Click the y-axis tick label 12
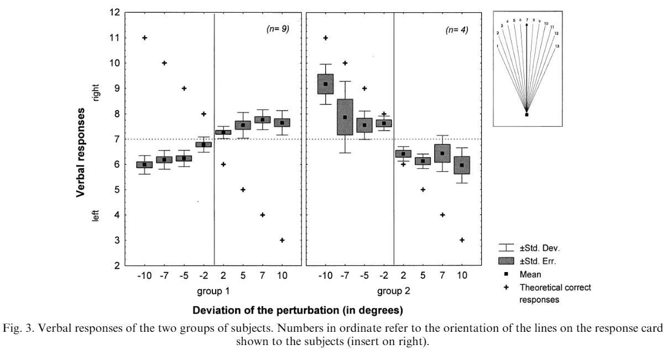tap(115, 12)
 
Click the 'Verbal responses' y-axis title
tap(81, 152)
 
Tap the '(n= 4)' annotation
tap(457, 29)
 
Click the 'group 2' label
tap(393, 290)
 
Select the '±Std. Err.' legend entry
tap(537, 261)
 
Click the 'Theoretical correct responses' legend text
tap(555, 293)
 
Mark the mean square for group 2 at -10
tap(326, 84)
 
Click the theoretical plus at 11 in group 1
tap(144, 38)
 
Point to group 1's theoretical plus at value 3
tap(282, 240)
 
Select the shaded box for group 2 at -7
tap(345, 117)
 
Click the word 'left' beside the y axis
tap(96, 215)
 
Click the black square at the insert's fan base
tap(527, 114)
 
